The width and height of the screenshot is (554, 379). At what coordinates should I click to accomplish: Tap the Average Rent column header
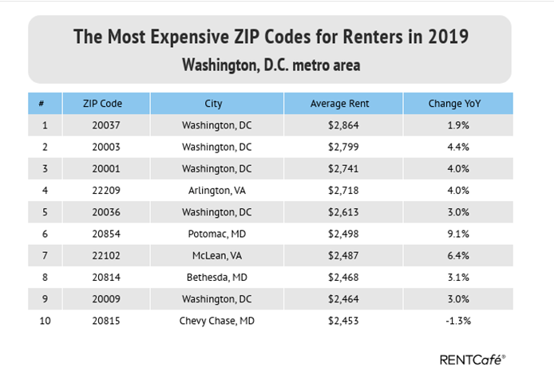[339, 104]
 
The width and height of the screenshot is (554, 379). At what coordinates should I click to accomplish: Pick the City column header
[213, 104]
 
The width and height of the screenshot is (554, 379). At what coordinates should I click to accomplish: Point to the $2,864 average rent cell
[339, 125]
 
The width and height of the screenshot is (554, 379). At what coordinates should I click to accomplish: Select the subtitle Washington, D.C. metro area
[271, 64]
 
